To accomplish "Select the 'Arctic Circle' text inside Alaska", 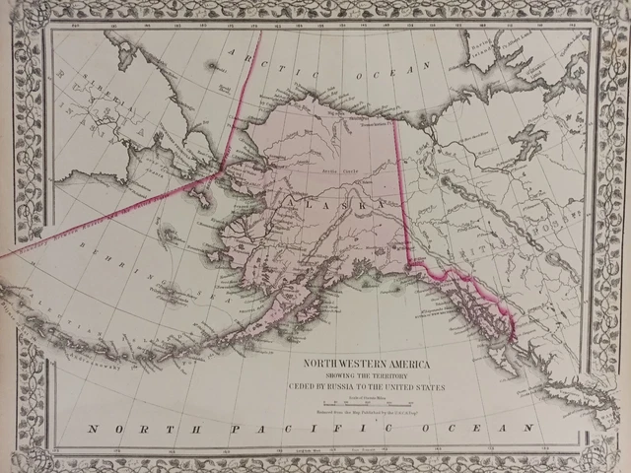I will [x=337, y=170].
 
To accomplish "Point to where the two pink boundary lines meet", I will [x=219, y=174].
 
